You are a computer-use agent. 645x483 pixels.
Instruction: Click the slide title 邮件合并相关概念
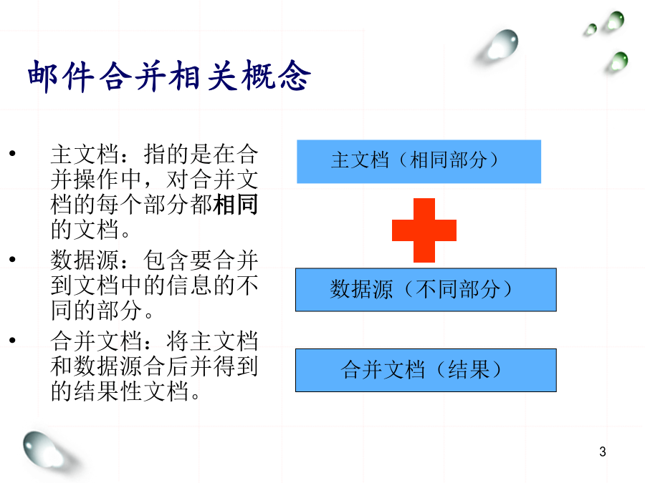tap(169, 76)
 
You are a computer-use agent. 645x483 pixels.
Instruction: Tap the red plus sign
tap(424, 230)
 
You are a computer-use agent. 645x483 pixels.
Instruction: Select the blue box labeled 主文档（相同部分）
tap(419, 162)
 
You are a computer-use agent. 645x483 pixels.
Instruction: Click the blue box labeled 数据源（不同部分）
tap(426, 290)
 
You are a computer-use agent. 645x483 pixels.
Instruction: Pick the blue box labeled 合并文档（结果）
tap(426, 370)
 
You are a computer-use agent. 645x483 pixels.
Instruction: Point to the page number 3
tap(603, 452)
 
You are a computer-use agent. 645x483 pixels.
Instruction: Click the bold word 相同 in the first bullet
tap(236, 204)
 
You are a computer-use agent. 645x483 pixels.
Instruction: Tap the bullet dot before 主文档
tap(12, 154)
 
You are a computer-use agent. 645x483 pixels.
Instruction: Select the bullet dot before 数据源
tap(12, 259)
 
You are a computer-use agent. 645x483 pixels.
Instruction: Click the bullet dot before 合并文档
tap(12, 340)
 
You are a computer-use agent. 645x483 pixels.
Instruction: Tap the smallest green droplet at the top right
tap(591, 29)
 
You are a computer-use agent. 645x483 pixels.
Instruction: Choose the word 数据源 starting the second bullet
tap(85, 260)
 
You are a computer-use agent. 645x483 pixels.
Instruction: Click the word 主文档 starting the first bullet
tap(85, 155)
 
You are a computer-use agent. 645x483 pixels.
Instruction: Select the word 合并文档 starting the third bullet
tap(97, 341)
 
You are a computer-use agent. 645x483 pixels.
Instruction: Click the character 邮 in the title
tap(43, 77)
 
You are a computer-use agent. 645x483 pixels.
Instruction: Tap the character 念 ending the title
tap(294, 76)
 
